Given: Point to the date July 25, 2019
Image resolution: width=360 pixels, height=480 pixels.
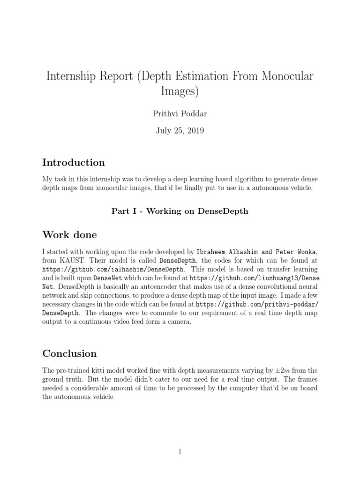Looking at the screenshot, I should pyautogui.click(x=180, y=131).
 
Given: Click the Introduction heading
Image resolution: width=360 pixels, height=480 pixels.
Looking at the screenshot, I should pyautogui.click(x=74, y=163).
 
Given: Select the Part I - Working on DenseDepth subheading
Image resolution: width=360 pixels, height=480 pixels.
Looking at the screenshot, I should pyautogui.click(x=180, y=211).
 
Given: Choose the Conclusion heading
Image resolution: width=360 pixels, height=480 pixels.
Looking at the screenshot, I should pyautogui.click(x=69, y=353).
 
